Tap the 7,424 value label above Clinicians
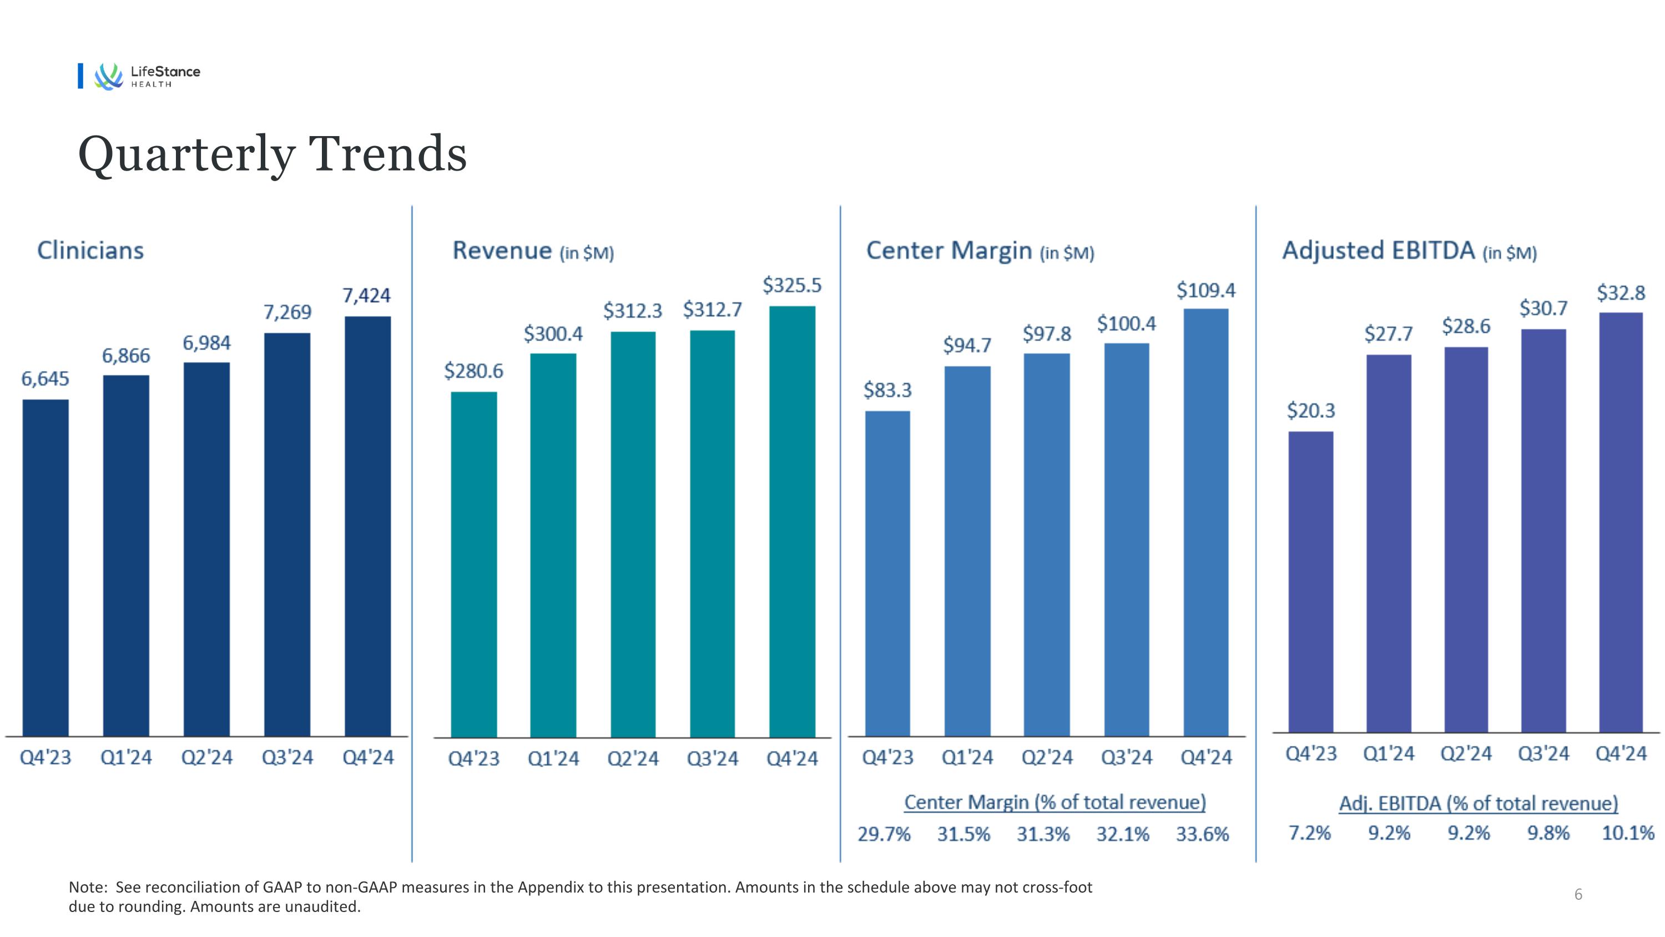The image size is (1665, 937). coord(366,295)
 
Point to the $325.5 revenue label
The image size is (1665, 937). coord(792,285)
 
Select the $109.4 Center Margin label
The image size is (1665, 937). coord(1205,290)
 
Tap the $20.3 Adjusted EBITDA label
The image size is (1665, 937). coord(1310,410)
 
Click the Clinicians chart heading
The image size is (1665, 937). coord(90,250)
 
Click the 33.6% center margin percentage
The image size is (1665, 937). coord(1202,834)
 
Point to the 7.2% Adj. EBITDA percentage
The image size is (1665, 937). coord(1309,833)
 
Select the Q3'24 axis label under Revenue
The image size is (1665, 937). coord(712,758)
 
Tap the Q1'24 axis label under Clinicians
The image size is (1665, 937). coord(126,757)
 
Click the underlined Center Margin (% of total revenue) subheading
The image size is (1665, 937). coord(1055,803)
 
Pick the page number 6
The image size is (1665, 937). coord(1578,894)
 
